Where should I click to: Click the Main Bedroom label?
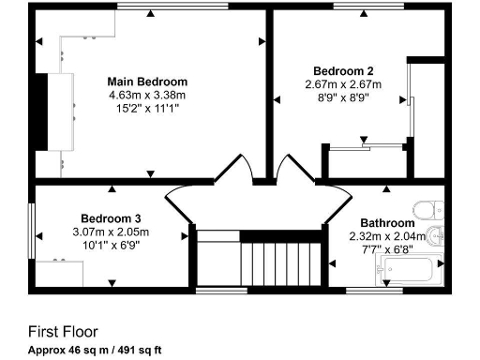pos(147,82)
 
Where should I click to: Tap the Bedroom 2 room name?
pos(343,71)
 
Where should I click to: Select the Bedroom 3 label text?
pos(111,218)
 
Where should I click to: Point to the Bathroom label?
pos(375,223)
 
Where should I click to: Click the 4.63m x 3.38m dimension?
pos(147,95)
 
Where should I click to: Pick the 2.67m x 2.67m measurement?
pos(343,84)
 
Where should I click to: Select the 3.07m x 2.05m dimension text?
pos(111,232)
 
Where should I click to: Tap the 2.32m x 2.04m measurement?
pos(375,236)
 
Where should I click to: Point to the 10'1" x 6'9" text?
pos(111,246)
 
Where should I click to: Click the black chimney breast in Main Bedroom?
pos(40,111)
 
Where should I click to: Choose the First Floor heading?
pos(62,332)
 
